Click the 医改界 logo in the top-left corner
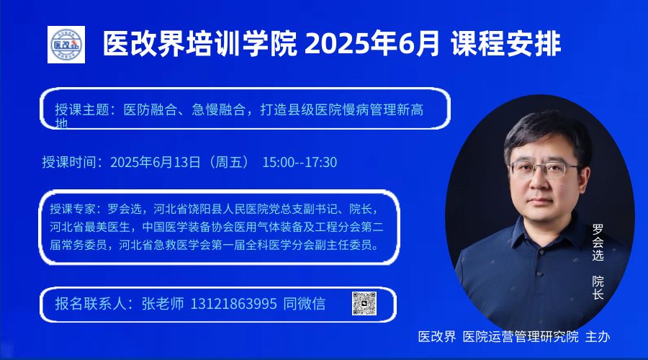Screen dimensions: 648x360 pos(66,45)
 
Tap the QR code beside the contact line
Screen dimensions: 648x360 pos(364,303)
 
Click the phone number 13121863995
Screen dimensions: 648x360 pos(233,304)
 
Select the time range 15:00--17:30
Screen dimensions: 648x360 pos(300,162)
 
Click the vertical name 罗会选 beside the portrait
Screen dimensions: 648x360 pos(598,242)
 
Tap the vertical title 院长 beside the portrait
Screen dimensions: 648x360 pos(598,287)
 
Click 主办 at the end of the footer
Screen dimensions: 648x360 pos(598,336)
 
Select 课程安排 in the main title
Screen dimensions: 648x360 pos(505,43)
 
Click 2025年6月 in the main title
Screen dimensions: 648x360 pos(372,43)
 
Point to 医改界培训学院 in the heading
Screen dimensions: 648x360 pos(199,43)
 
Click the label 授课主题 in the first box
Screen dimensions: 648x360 pos(82,109)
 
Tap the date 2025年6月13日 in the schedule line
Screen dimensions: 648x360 pos(156,162)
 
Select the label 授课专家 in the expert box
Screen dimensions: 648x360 pos(74,209)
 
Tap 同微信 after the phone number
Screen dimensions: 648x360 pos(304,304)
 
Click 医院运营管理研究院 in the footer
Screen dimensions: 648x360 pos(521,336)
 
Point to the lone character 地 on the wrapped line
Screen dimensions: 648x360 pos(61,123)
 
